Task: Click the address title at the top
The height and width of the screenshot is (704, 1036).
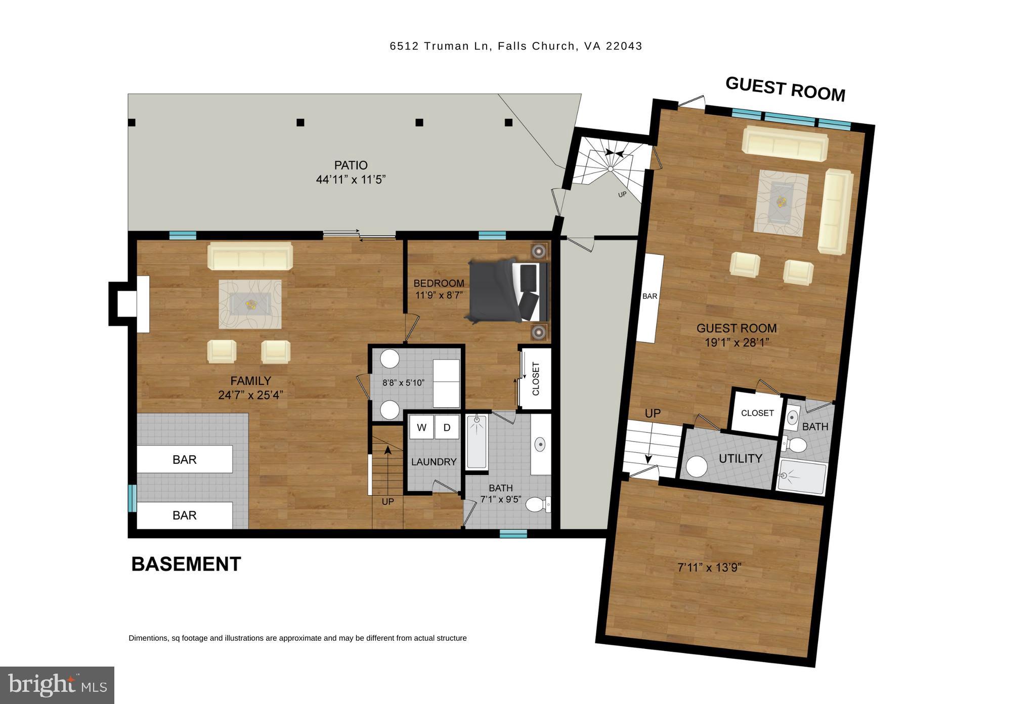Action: click(x=515, y=46)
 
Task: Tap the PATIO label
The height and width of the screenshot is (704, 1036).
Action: click(x=351, y=165)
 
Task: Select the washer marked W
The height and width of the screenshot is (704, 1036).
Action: click(x=421, y=427)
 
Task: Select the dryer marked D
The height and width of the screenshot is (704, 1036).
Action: click(x=447, y=427)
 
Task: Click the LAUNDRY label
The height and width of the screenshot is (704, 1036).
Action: click(x=434, y=462)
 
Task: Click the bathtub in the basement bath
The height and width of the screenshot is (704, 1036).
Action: click(x=477, y=442)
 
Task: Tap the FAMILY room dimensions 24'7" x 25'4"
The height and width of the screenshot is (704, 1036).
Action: click(x=250, y=395)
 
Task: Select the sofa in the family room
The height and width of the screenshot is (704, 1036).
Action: click(x=250, y=256)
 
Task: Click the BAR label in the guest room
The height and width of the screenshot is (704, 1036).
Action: click(x=650, y=296)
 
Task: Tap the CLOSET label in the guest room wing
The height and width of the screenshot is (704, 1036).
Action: click(x=757, y=413)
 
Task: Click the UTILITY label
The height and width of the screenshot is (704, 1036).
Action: click(x=740, y=459)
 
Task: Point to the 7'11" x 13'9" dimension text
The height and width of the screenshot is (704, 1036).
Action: click(x=709, y=568)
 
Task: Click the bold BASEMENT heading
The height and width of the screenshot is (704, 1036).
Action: click(x=186, y=564)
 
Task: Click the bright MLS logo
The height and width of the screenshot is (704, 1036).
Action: click(x=57, y=685)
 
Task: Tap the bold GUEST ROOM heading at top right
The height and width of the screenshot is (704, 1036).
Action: click(x=785, y=89)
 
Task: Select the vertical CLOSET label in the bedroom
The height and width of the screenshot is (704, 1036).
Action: click(x=536, y=379)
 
